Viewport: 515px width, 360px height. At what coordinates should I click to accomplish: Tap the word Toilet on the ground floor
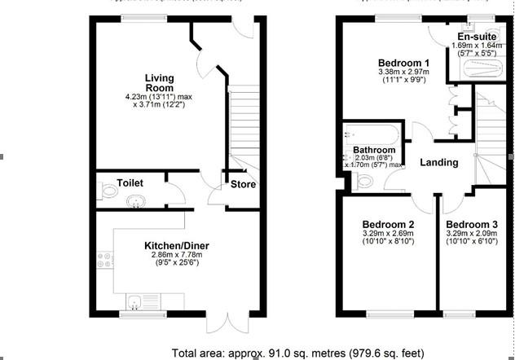click(x=130, y=182)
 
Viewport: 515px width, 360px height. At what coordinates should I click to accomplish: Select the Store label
click(x=243, y=184)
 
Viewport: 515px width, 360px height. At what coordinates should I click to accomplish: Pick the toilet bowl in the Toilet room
click(x=109, y=192)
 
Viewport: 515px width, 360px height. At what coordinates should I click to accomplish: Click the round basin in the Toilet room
click(x=136, y=200)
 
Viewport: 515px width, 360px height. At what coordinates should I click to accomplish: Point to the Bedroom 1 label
click(x=403, y=63)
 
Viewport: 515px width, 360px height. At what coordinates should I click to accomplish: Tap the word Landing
click(x=438, y=163)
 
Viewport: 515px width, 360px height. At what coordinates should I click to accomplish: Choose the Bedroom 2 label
click(x=389, y=225)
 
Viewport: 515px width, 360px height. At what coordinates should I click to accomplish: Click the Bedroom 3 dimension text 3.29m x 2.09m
click(x=472, y=235)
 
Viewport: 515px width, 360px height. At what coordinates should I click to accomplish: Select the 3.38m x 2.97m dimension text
click(x=403, y=72)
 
